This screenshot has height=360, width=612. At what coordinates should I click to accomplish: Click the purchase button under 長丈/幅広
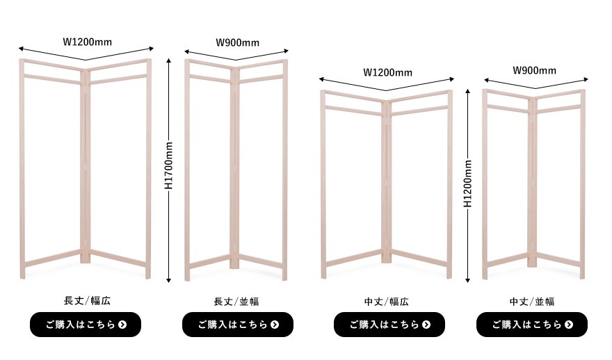86,325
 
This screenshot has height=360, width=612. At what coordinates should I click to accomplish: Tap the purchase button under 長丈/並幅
238,325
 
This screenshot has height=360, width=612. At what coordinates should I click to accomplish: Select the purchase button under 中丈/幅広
389,325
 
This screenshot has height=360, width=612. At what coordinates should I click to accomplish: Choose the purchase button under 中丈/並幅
532,325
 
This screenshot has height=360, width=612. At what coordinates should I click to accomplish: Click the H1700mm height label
168,165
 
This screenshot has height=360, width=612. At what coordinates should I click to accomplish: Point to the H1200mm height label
468,183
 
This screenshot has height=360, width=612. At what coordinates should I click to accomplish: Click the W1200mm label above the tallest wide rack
88,42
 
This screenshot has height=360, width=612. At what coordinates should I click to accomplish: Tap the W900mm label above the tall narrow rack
237,42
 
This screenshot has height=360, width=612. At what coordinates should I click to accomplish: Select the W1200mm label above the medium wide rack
387,72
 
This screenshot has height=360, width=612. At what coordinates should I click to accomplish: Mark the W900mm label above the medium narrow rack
534,71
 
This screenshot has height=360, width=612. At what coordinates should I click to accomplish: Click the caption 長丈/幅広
87,301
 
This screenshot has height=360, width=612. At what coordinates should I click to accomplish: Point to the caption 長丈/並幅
236,302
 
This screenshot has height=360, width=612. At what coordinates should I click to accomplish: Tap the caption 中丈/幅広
387,302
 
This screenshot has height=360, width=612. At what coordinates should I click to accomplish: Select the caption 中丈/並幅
532,302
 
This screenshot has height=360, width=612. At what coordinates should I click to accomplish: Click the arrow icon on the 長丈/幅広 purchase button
122,325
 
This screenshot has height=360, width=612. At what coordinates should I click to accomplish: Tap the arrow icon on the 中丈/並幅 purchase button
569,325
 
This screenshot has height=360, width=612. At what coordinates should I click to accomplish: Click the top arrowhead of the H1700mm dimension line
168,60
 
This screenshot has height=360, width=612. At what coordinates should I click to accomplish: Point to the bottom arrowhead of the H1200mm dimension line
468,280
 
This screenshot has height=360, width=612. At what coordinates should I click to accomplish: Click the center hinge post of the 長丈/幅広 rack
85,167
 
